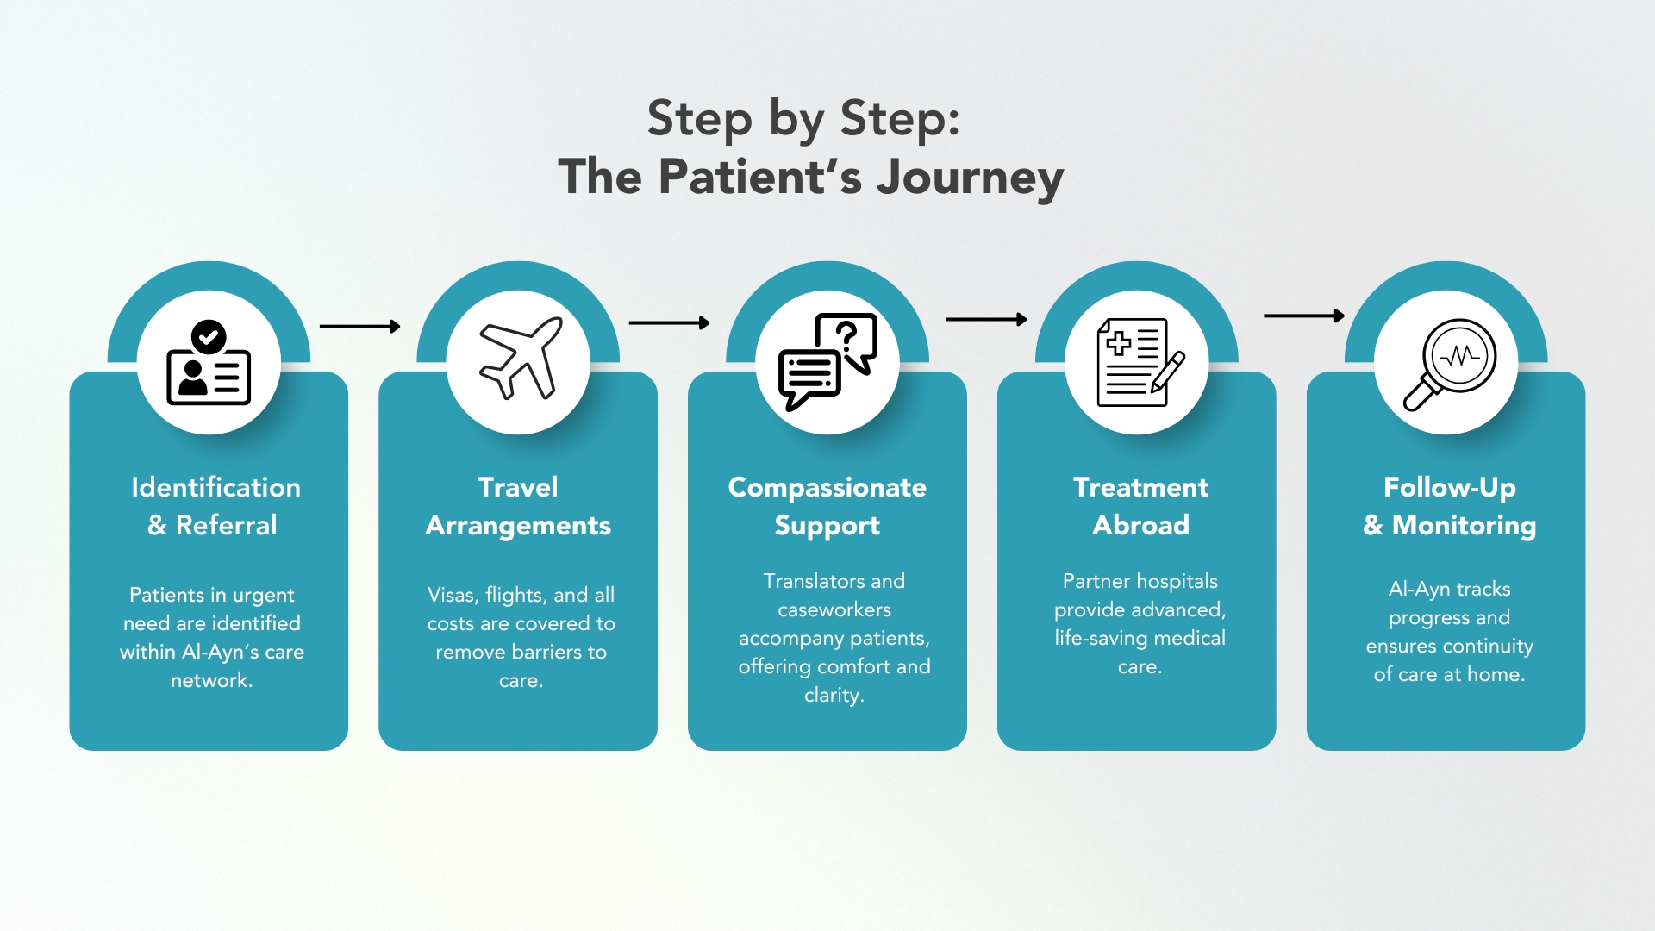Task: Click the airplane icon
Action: pyautogui.click(x=520, y=359)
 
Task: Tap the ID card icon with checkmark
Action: pyautogui.click(x=209, y=363)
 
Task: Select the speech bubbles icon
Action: pyautogui.click(x=827, y=361)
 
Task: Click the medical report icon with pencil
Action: pyautogui.click(x=1139, y=363)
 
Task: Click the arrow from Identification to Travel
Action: pyautogui.click(x=359, y=327)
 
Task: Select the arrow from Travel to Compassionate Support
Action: pyautogui.click(x=669, y=323)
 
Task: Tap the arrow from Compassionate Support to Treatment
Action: pyautogui.click(x=986, y=320)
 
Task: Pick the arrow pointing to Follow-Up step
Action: pyautogui.click(x=1303, y=316)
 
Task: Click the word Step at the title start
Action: pyautogui.click(x=699, y=118)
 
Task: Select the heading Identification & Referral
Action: pyautogui.click(x=215, y=506)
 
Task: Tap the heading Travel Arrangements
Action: pyautogui.click(x=518, y=506)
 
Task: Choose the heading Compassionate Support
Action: pyautogui.click(x=827, y=506)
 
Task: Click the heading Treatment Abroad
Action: pyautogui.click(x=1140, y=506)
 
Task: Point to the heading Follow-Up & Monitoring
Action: pyautogui.click(x=1449, y=506)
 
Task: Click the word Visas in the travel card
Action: pyautogui.click(x=451, y=596)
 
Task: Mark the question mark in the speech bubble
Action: pyautogui.click(x=846, y=333)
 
